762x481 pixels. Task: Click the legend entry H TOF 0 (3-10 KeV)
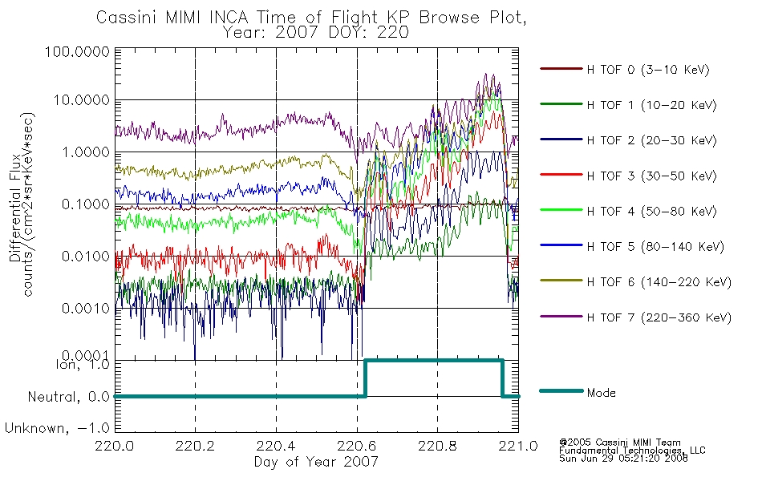point(648,70)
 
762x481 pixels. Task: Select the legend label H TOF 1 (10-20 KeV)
point(651,105)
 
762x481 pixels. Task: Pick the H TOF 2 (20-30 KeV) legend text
point(651,140)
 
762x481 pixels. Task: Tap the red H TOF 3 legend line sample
point(561,175)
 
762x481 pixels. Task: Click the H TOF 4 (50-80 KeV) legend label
point(651,212)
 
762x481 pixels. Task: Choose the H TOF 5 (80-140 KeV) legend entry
point(655,247)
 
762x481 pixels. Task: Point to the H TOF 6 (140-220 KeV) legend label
point(659,282)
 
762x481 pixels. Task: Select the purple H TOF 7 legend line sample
point(561,317)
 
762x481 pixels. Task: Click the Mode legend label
point(601,393)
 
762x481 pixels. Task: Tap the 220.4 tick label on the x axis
point(276,446)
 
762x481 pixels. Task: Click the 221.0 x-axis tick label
point(518,446)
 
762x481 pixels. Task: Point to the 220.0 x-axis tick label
point(115,446)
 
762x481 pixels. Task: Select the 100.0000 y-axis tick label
point(77,51)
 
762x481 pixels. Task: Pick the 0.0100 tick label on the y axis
point(86,256)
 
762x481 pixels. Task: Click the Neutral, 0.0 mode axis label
point(69,397)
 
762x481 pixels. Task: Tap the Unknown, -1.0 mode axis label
point(57,428)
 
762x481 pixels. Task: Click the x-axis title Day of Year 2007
point(316,462)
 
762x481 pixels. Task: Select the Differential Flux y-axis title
point(15,208)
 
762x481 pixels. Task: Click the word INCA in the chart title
point(228,18)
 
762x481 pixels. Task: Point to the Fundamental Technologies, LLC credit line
point(632,451)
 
